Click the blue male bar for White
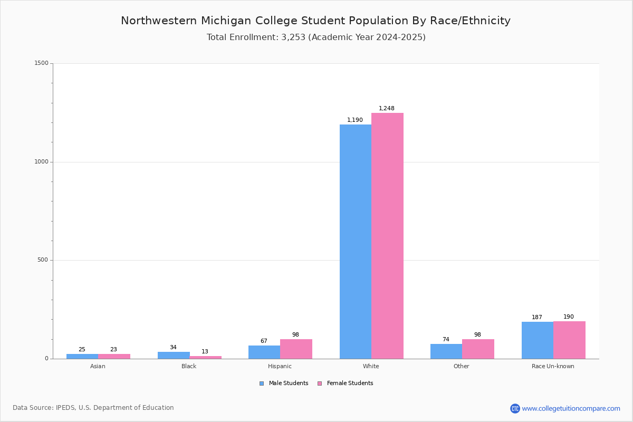pyautogui.click(x=355, y=242)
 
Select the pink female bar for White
pyautogui.click(x=387, y=236)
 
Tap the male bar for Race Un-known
pyautogui.click(x=537, y=340)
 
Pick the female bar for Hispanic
pyautogui.click(x=296, y=349)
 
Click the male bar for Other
pyautogui.click(x=446, y=351)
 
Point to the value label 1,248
pyautogui.click(x=387, y=109)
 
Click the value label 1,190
pyautogui.click(x=355, y=120)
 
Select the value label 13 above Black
pyautogui.click(x=205, y=352)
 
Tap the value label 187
pyautogui.click(x=537, y=318)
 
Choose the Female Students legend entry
pyautogui.click(x=346, y=383)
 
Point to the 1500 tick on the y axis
pyautogui.click(x=42, y=63)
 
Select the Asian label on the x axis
pyautogui.click(x=98, y=366)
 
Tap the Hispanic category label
pyautogui.click(x=280, y=366)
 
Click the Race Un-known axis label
pyautogui.click(x=553, y=366)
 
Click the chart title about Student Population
pyautogui.click(x=315, y=21)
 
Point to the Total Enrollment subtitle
pyautogui.click(x=316, y=37)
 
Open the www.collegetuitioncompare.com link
pyautogui.click(x=571, y=408)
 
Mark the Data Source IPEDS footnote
pyautogui.click(x=93, y=408)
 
